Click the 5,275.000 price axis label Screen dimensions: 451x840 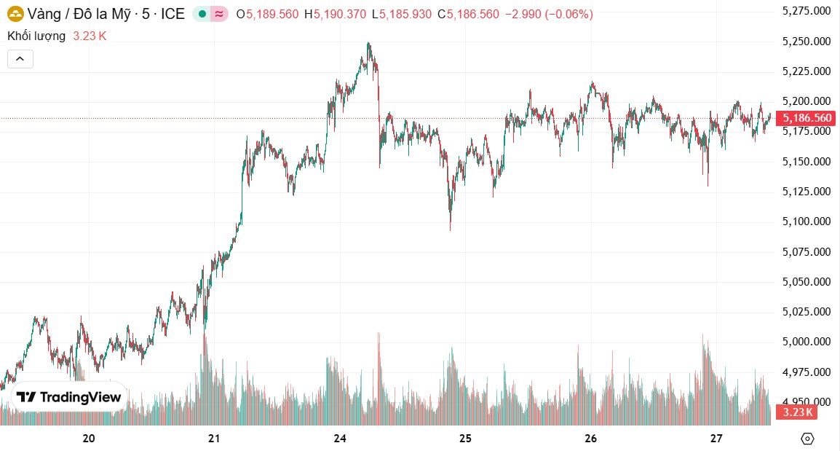pos(805,10)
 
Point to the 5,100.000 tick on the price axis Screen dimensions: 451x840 pos(805,221)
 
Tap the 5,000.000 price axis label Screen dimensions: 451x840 pos(805,342)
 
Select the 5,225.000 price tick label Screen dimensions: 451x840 pos(805,71)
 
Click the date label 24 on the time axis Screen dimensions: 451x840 pos(340,439)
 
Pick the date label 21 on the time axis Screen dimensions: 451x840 pos(214,439)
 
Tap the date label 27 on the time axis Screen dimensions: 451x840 pos(716,439)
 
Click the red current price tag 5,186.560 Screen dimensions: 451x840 pos(805,118)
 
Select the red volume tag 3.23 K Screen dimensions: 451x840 pos(796,412)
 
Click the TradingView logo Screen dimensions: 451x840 pos(69,397)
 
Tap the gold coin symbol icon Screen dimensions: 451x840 pos(15,14)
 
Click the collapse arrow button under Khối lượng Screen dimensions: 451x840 pos(20,59)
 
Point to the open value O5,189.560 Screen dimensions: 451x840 pos(267,14)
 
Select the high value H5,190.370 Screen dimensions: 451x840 pos(335,14)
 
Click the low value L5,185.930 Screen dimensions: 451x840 pos(401,14)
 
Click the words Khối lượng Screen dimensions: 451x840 pos(36,36)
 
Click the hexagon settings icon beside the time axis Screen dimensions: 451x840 pos(807,439)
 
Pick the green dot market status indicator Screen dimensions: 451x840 pos(202,14)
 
